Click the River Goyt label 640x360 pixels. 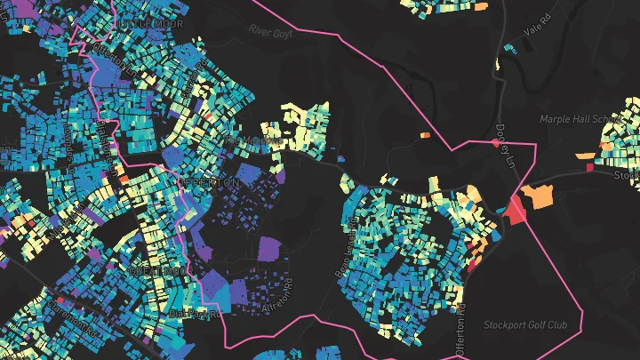[271, 31]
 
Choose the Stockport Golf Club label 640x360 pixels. [524, 324]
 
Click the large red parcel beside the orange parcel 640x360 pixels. [516, 210]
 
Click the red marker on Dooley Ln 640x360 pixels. [495, 142]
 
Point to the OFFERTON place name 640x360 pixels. [210, 182]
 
